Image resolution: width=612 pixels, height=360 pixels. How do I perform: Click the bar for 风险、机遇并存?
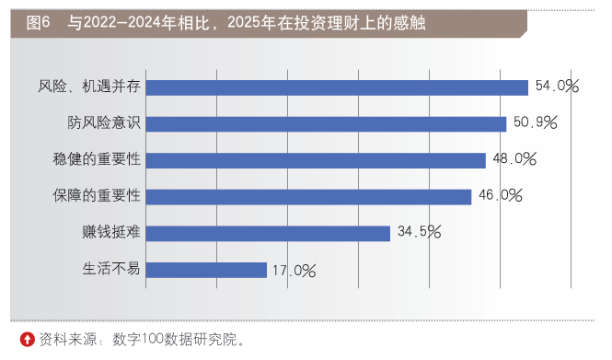337,87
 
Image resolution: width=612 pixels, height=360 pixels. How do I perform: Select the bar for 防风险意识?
327,123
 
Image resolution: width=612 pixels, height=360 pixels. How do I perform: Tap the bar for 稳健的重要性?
316,160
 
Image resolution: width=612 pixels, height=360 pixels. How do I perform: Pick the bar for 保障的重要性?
308,196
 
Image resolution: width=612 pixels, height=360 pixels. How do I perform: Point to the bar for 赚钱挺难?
268,233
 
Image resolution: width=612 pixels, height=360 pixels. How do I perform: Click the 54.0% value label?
556,87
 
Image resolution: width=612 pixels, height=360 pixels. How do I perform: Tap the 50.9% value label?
534,123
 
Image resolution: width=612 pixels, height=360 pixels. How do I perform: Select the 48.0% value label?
514,159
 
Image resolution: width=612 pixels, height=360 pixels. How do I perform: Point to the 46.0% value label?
501,195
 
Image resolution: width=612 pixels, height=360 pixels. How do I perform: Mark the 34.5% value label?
420,232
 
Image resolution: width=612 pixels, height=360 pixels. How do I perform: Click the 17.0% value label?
294,271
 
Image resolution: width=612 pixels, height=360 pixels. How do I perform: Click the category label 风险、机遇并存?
88,87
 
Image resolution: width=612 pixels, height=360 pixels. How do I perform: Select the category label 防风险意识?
103,123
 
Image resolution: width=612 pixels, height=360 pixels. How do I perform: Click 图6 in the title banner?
37,23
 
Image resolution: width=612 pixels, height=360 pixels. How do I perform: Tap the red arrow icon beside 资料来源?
27,339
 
